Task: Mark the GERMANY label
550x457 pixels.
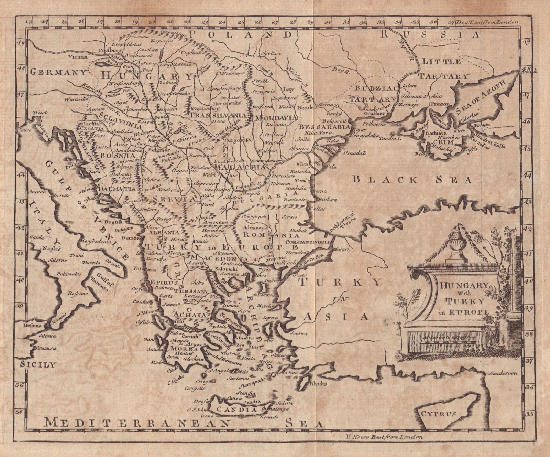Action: [58, 72]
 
